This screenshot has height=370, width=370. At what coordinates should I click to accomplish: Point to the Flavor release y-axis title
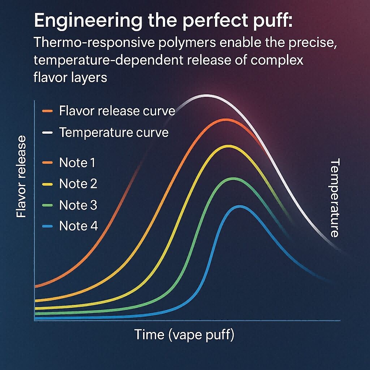tap(21, 177)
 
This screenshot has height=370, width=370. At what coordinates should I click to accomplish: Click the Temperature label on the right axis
tap(335, 198)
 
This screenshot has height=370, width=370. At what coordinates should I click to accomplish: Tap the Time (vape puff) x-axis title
tap(184, 335)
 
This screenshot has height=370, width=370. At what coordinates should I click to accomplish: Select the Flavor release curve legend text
tap(117, 111)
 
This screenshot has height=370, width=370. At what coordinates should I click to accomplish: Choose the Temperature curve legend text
tap(113, 133)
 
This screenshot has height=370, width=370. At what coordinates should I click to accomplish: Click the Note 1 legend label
tap(77, 163)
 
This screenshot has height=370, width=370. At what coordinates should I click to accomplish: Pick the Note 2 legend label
tap(78, 184)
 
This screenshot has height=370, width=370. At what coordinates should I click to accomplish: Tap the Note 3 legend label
tap(78, 205)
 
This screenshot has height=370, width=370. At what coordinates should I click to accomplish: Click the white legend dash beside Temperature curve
tap(47, 133)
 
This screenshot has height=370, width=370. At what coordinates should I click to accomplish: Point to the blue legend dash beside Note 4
tap(47, 226)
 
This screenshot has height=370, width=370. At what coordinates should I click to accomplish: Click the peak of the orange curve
tap(225, 120)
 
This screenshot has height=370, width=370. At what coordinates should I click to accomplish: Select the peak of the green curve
tap(233, 178)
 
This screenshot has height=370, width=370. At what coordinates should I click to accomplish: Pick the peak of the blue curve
tap(239, 206)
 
